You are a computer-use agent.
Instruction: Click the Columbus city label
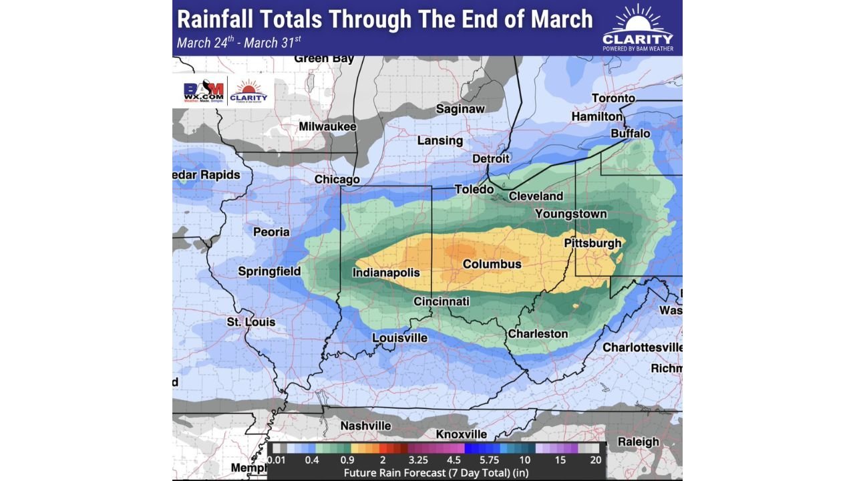coord(492,265)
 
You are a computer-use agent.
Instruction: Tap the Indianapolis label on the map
coord(386,273)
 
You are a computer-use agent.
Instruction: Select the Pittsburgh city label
coord(592,243)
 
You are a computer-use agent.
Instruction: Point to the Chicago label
coord(337,179)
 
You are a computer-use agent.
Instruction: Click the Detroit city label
coord(490,159)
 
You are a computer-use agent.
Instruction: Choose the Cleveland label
coord(536,196)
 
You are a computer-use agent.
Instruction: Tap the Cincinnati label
coord(442,301)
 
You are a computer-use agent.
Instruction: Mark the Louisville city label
coord(399,338)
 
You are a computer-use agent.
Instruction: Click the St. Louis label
coord(250,322)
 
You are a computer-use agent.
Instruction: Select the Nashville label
coord(365,426)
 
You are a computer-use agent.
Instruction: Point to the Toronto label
coord(613,99)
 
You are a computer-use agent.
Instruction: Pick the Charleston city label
coord(538,334)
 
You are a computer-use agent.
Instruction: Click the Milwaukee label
coord(327,126)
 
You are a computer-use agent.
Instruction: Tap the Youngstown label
coord(570,214)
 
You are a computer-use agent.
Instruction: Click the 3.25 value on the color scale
coord(418,460)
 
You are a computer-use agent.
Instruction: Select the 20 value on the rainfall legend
coord(595,460)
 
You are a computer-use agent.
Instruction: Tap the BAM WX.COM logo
coord(203,92)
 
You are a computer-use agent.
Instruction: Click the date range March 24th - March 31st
coord(239,43)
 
